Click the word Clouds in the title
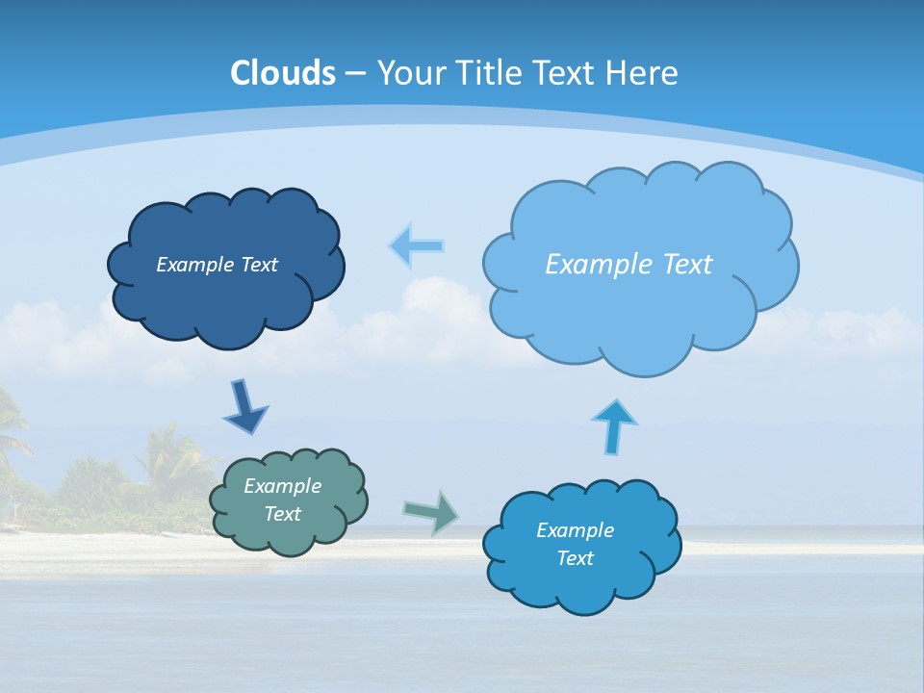tap(283, 73)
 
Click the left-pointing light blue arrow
tap(416, 246)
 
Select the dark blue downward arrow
tap(244, 407)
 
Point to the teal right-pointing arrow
tap(430, 511)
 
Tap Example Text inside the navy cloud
tap(217, 265)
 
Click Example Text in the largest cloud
tap(629, 265)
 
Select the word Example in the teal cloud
tap(282, 486)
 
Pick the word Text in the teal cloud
tap(282, 514)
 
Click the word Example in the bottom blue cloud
tap(575, 530)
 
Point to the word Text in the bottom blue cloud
tap(575, 558)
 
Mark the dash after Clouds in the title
tap(355, 74)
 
